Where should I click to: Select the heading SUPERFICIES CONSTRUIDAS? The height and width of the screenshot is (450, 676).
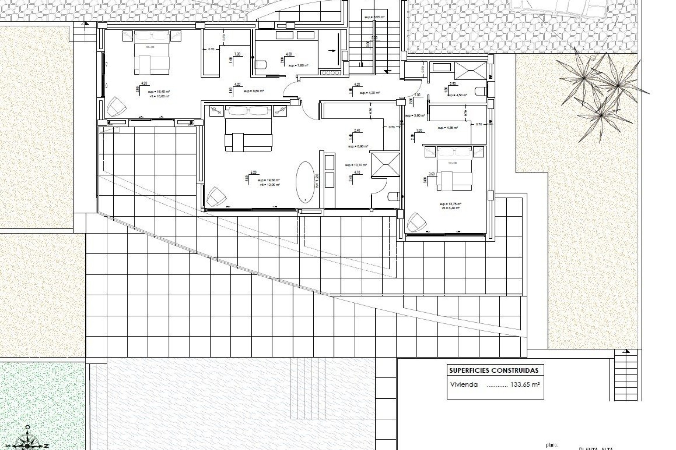click(494, 370)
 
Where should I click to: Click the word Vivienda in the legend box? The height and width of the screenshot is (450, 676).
click(464, 384)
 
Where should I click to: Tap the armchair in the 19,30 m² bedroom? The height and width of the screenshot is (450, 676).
click(216, 196)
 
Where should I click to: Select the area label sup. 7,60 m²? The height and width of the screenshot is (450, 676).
click(298, 65)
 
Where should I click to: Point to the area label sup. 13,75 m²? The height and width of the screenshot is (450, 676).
click(450, 204)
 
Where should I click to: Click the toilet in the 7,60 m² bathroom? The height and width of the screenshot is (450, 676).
click(261, 65)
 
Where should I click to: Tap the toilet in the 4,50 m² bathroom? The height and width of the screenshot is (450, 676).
click(480, 91)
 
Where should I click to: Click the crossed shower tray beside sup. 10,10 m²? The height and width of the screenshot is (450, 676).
click(386, 164)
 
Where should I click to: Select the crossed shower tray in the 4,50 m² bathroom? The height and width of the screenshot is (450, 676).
click(470, 70)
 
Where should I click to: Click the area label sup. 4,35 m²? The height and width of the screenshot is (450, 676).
click(447, 128)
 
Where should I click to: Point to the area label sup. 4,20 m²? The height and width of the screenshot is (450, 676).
click(369, 93)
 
